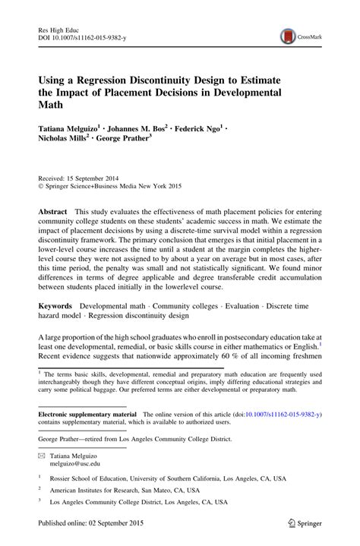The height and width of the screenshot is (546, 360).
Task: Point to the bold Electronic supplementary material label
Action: (x=85, y=415)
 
